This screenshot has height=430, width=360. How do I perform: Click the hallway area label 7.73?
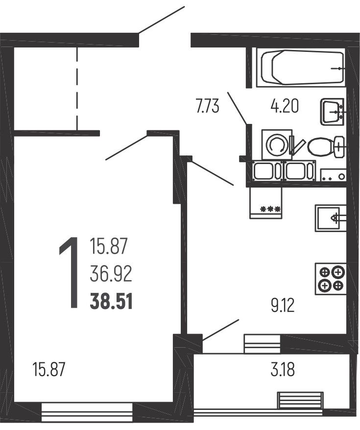[208, 107]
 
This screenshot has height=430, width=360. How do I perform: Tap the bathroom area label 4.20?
[284, 106]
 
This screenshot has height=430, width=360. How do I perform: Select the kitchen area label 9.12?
[283, 306]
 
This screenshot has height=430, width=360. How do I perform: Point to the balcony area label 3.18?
[283, 370]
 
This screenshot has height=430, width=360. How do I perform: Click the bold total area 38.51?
[111, 301]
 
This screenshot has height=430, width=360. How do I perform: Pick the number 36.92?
[111, 274]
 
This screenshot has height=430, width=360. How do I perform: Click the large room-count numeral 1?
[69, 273]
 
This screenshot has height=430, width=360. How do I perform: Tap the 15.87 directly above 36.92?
[109, 246]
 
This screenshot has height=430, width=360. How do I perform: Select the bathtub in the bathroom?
[301, 67]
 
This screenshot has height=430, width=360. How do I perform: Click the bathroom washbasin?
[332, 112]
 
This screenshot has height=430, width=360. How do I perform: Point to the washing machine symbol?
[277, 144]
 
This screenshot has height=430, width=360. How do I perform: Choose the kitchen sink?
[331, 218]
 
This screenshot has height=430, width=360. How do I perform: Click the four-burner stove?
[331, 279]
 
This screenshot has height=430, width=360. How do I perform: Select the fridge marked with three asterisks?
[265, 203]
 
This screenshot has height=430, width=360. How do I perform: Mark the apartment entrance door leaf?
[162, 20]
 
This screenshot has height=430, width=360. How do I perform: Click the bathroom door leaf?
[237, 108]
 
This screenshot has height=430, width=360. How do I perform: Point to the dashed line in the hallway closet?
[77, 89]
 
